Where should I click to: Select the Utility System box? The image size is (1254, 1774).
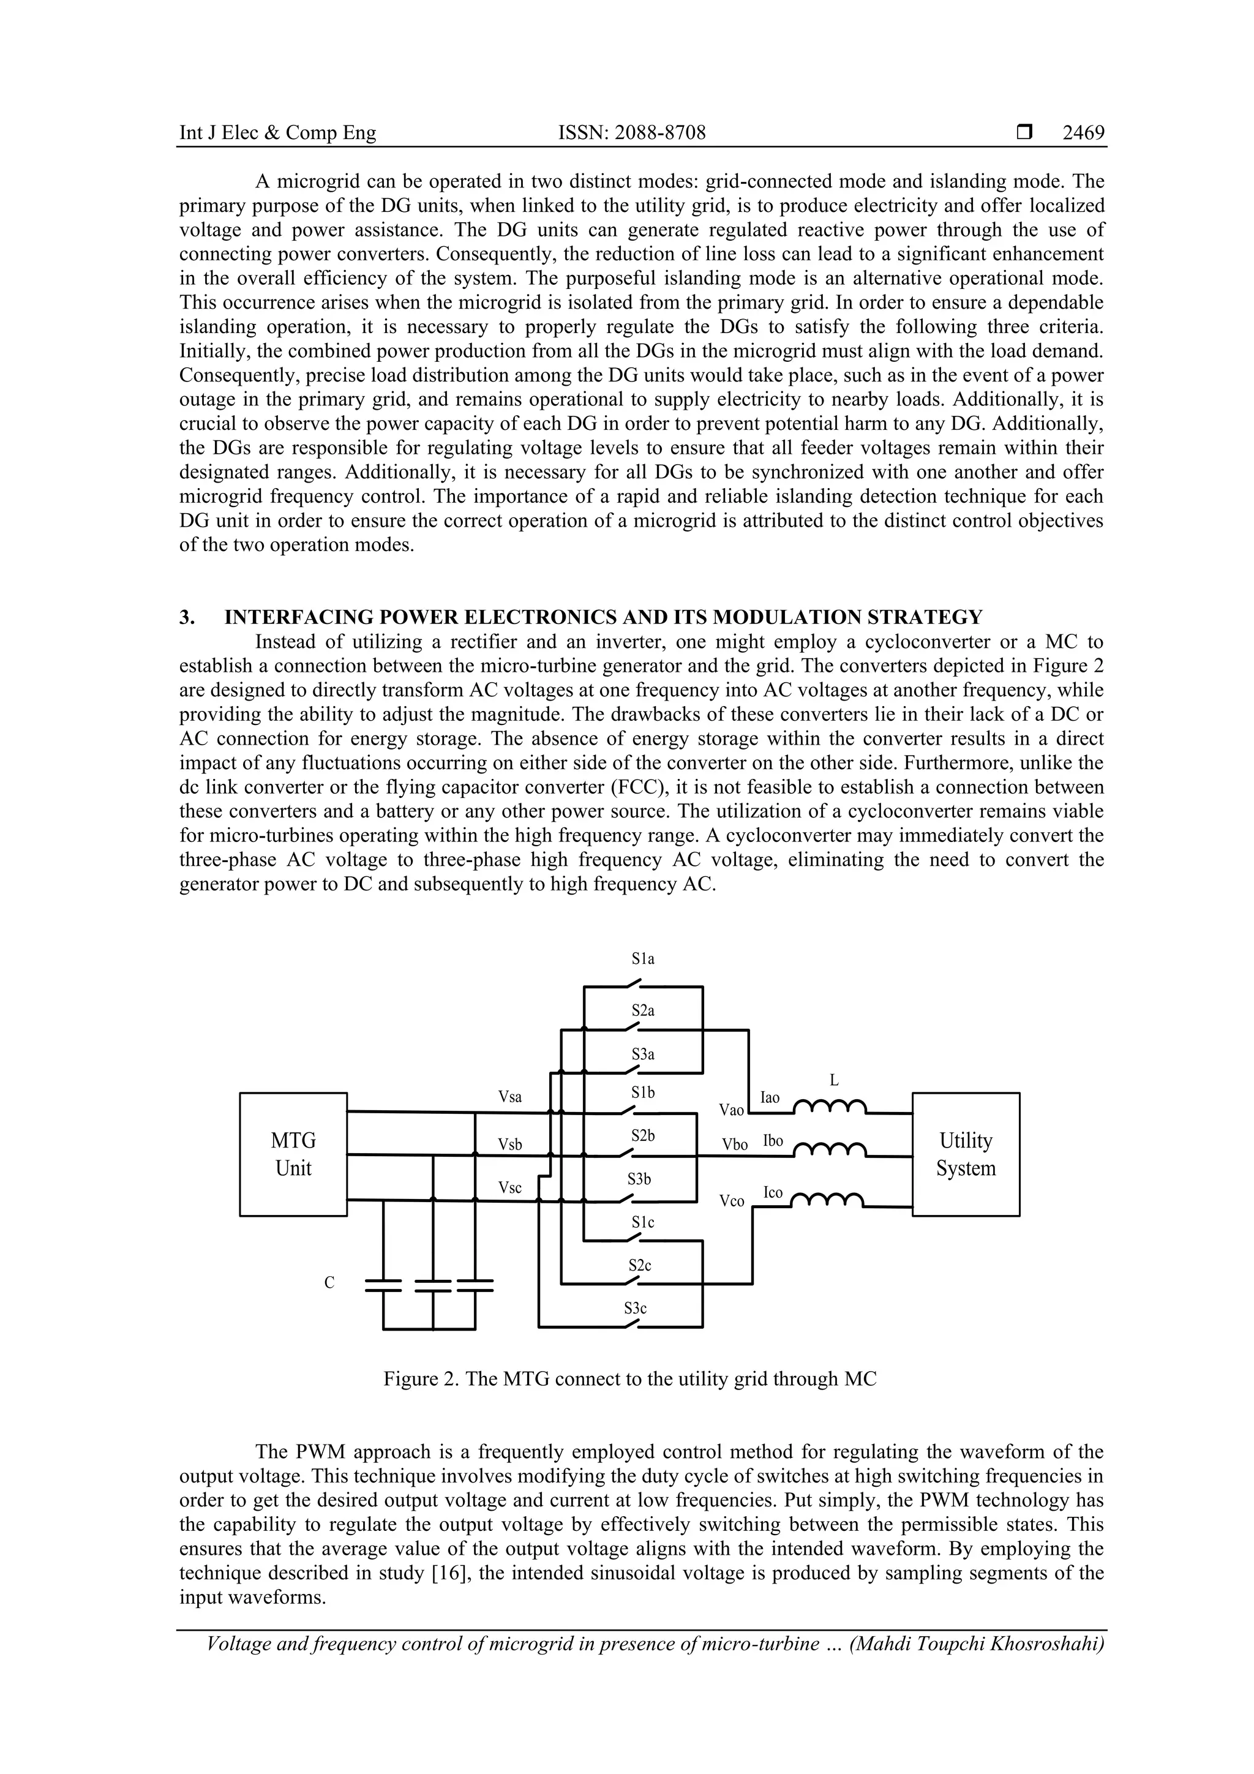pyautogui.click(x=965, y=1154)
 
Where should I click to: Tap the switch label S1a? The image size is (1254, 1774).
pyautogui.click(x=642, y=959)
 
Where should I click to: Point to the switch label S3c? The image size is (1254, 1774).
pyautogui.click(x=635, y=1308)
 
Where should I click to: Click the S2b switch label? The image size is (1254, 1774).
pyautogui.click(x=642, y=1136)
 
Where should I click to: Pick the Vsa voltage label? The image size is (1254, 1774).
pyautogui.click(x=509, y=1096)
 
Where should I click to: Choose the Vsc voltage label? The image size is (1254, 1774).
pyautogui.click(x=509, y=1187)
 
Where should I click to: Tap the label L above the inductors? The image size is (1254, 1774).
pyautogui.click(x=834, y=1081)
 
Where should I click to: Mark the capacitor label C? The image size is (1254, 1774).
pyautogui.click(x=329, y=1283)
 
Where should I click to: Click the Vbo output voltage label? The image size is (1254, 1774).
pyautogui.click(x=734, y=1144)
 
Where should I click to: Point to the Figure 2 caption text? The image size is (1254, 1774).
pyautogui.click(x=629, y=1378)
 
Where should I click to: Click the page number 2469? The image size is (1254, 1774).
pyautogui.click(x=1083, y=133)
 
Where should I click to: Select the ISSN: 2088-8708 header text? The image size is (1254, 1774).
pyautogui.click(x=631, y=133)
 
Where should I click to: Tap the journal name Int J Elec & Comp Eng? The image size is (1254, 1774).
pyautogui.click(x=277, y=133)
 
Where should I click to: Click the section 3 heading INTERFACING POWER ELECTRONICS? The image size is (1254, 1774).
pyautogui.click(x=603, y=617)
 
